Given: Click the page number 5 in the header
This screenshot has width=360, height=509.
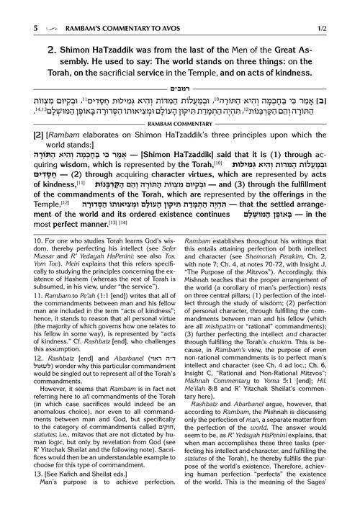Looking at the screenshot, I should tap(14, 9).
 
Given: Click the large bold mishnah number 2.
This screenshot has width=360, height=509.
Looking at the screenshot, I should tap(32, 52).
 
